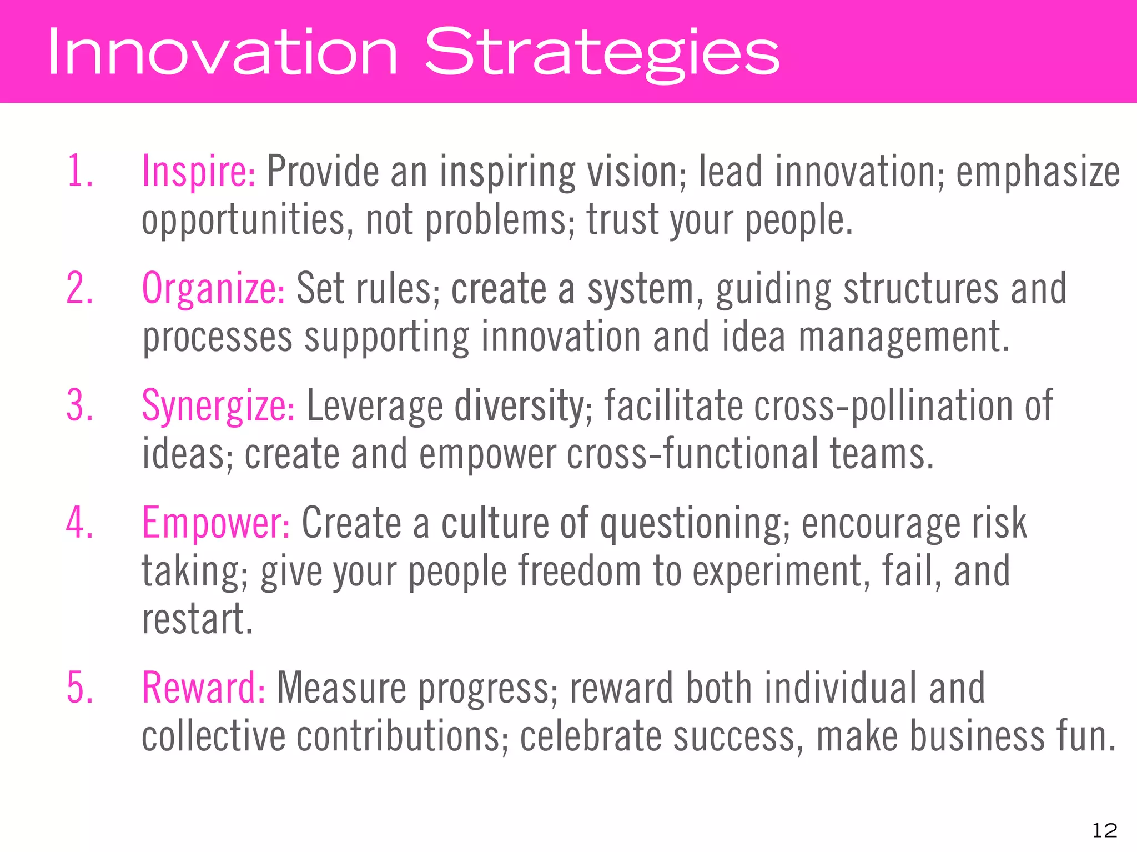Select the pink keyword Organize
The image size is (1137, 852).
(x=213, y=289)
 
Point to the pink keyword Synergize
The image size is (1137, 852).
(x=218, y=406)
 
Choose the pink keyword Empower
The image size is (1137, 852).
(x=215, y=523)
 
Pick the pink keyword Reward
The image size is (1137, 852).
(x=203, y=688)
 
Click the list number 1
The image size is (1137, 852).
(x=79, y=171)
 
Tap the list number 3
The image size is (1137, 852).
(x=79, y=406)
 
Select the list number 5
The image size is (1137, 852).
(x=79, y=688)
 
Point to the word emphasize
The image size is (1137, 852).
(x=1038, y=172)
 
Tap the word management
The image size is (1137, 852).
(x=904, y=338)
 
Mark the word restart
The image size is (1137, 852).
(x=197, y=619)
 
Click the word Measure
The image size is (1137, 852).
(x=341, y=688)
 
